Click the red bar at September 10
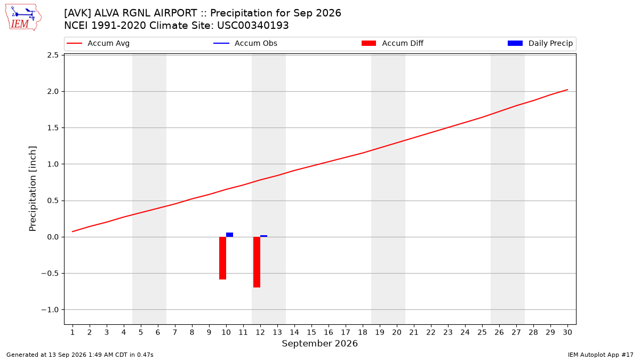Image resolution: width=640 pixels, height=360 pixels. [x=222, y=258]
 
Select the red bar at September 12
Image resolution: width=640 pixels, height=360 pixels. [x=257, y=262]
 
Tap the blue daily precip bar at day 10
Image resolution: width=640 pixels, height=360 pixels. [x=229, y=235]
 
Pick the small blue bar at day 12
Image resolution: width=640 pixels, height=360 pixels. [x=263, y=236]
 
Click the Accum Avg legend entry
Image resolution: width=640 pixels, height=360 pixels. [x=98, y=43]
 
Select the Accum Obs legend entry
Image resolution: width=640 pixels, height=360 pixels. [x=245, y=43]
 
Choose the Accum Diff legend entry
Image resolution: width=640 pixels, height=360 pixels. [x=393, y=43]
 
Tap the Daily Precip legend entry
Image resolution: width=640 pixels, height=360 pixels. [x=540, y=43]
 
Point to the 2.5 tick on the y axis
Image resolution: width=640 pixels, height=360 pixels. [x=53, y=55]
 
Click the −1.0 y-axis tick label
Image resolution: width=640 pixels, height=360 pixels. [x=50, y=310]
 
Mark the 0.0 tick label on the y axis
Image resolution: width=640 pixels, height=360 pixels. [x=53, y=237]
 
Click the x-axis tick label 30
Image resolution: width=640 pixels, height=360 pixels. [x=567, y=332]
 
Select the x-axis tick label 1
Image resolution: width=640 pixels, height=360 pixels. [x=73, y=332]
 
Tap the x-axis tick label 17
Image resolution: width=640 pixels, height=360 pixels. [x=346, y=332]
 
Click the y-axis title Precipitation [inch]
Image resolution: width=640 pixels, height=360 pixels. [x=33, y=189]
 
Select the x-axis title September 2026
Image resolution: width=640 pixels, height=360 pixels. [x=319, y=343]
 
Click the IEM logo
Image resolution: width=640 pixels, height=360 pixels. [x=23, y=18]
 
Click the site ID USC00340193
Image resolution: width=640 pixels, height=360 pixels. [x=253, y=26]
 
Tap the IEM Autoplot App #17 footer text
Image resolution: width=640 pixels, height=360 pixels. [x=601, y=355]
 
